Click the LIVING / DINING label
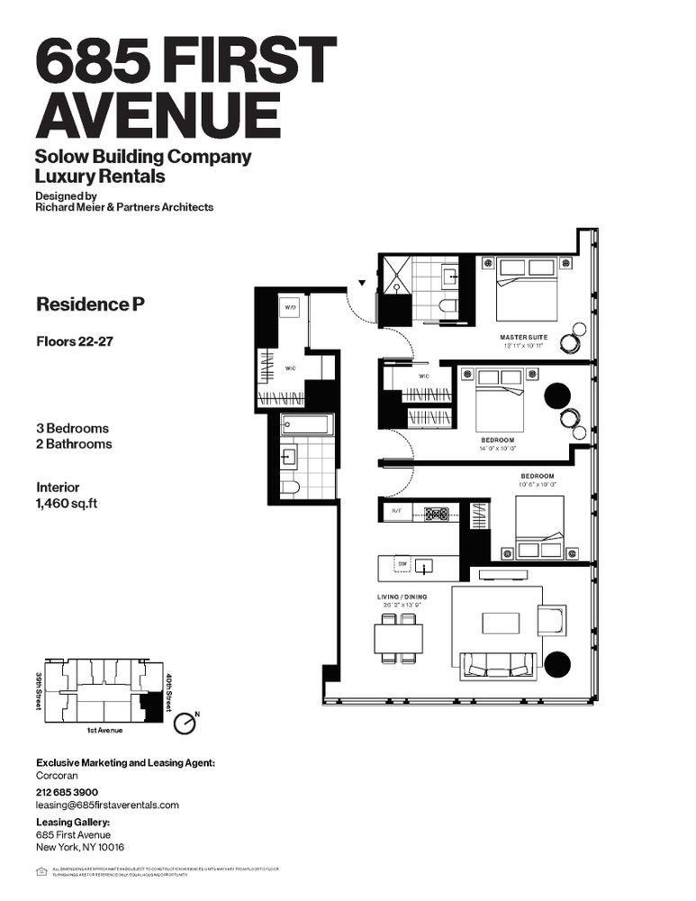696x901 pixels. (402, 597)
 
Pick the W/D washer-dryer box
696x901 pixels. (290, 308)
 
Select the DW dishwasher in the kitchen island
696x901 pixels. (402, 564)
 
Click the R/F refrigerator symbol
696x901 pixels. (395, 513)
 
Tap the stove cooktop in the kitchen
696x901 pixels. (437, 514)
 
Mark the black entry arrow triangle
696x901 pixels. (362, 283)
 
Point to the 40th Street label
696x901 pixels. (169, 689)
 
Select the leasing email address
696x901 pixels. (107, 805)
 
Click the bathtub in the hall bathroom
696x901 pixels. (306, 424)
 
